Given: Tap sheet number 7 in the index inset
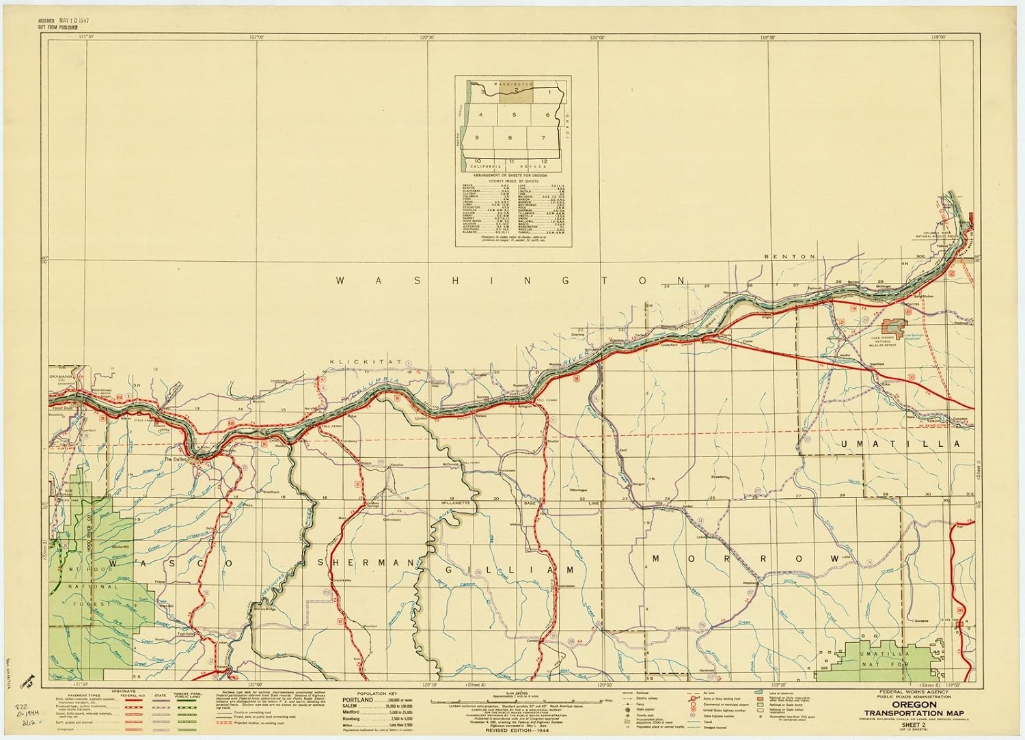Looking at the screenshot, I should click(543, 138).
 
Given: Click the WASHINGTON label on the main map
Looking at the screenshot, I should click(511, 280).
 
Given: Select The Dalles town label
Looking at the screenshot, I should click(176, 460).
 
